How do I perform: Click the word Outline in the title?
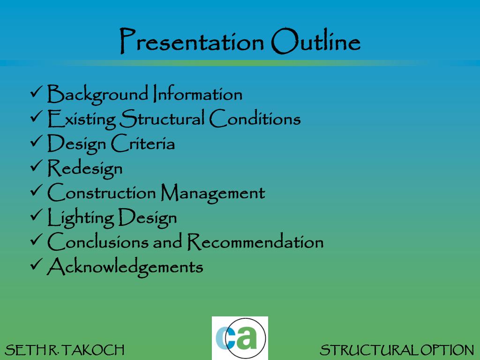(x=315, y=42)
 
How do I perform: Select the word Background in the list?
(x=97, y=95)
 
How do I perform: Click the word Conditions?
(x=255, y=119)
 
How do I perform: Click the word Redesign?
(x=85, y=168)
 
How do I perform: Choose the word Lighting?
(x=81, y=218)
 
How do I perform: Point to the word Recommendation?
(x=255, y=242)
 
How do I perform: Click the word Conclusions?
(x=102, y=242)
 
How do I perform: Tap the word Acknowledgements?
(x=125, y=267)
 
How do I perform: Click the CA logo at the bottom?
(x=240, y=338)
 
